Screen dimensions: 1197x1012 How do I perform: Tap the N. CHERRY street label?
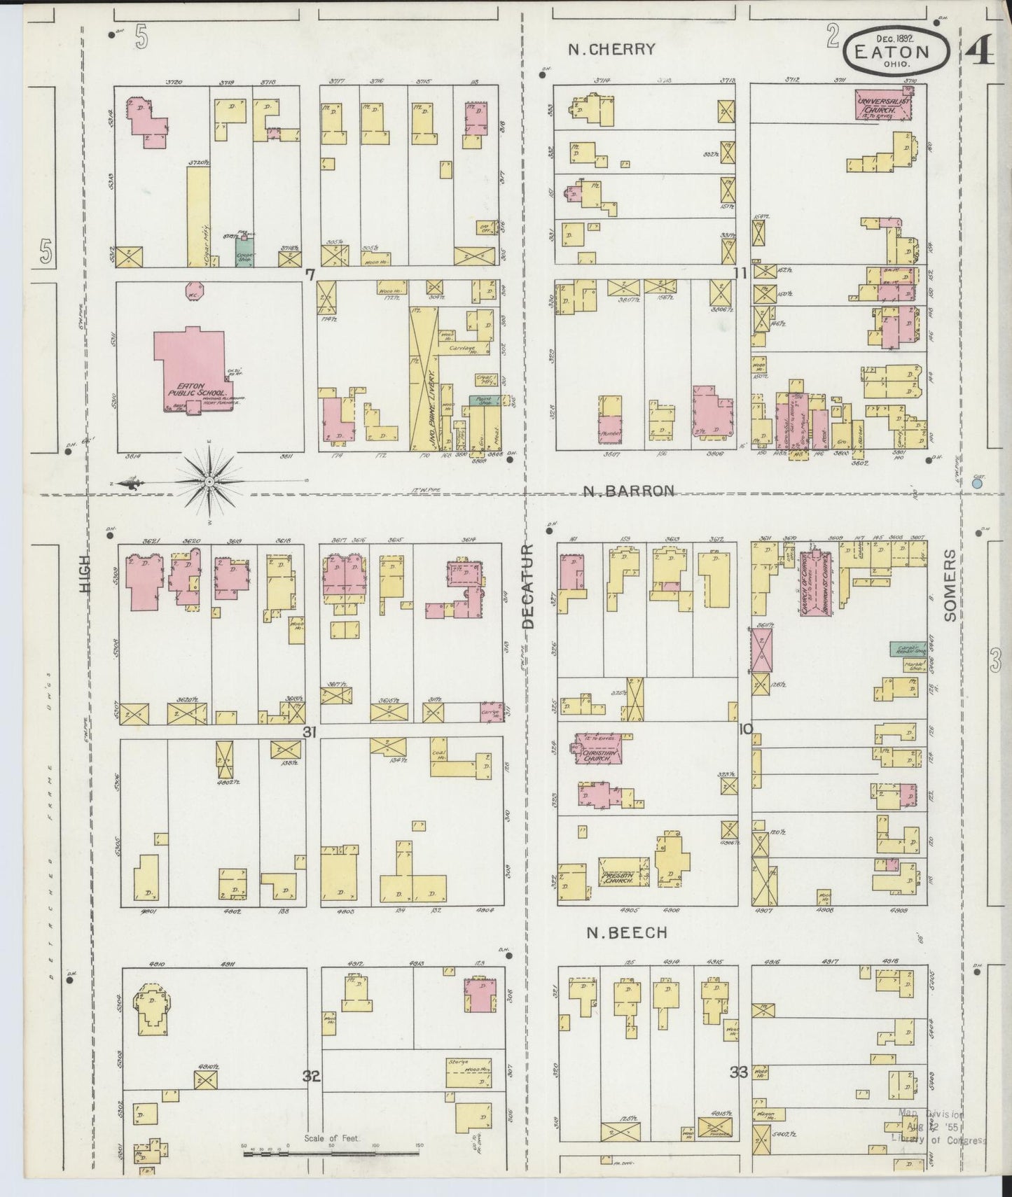(x=611, y=49)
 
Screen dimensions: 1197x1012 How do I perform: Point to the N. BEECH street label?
(x=625, y=932)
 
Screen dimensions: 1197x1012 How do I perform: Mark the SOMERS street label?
(x=949, y=585)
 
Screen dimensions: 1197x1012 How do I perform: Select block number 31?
(x=310, y=731)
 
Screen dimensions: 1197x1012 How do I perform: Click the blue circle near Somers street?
(x=978, y=483)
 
